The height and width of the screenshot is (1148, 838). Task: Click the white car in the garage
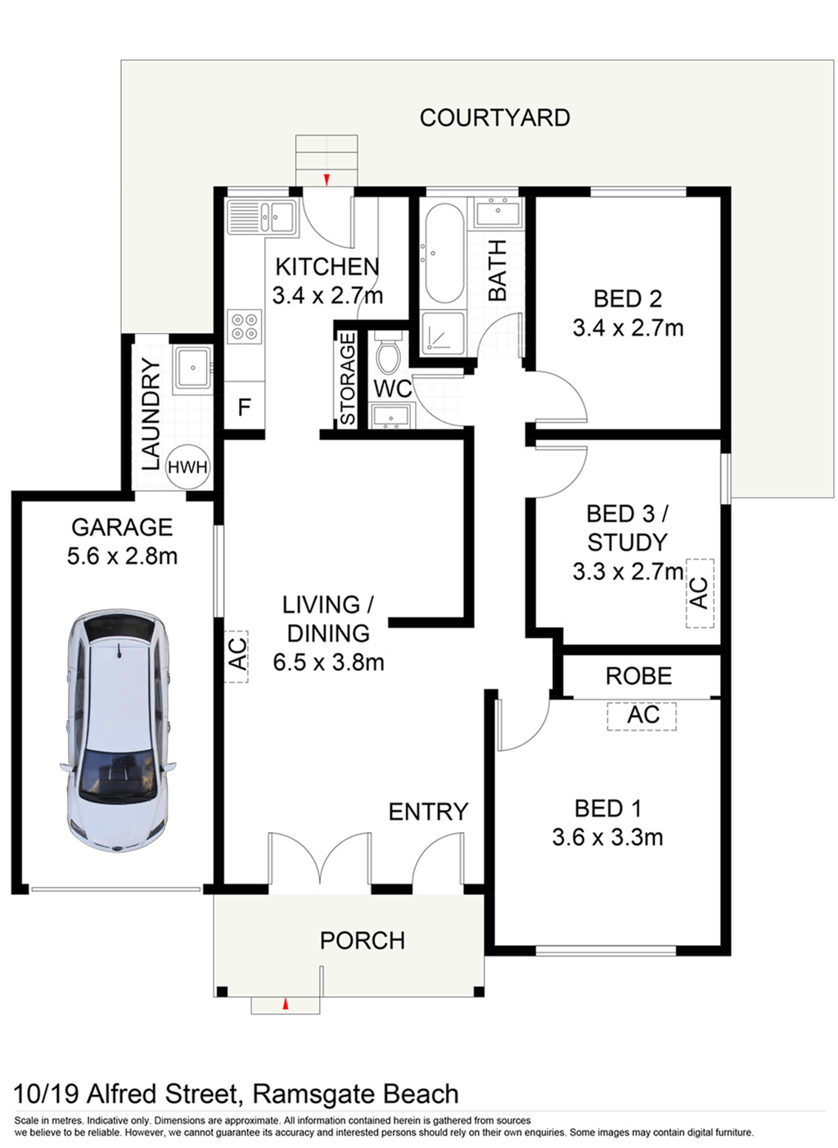pyautogui.click(x=118, y=731)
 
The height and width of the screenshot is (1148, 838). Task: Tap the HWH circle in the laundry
pyautogui.click(x=187, y=467)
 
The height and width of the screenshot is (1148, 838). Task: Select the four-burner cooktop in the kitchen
pyautogui.click(x=244, y=326)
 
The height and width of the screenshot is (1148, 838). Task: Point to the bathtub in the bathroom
pyautogui.click(x=444, y=254)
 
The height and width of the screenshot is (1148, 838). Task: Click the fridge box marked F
pyautogui.click(x=245, y=405)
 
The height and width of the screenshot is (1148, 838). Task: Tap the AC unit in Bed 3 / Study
pyautogui.click(x=701, y=593)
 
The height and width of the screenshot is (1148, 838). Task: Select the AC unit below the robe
pyautogui.click(x=642, y=716)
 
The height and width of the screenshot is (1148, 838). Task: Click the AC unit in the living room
pyautogui.click(x=237, y=656)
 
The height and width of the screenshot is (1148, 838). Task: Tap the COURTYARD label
pyautogui.click(x=494, y=118)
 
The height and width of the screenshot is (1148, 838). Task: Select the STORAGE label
pyautogui.click(x=348, y=379)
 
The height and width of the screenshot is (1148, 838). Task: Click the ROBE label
pyautogui.click(x=638, y=676)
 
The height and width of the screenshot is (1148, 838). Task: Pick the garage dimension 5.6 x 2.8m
pyautogui.click(x=122, y=556)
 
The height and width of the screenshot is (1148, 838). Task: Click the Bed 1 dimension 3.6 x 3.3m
pyautogui.click(x=607, y=837)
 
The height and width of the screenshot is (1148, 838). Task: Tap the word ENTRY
pyautogui.click(x=429, y=811)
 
